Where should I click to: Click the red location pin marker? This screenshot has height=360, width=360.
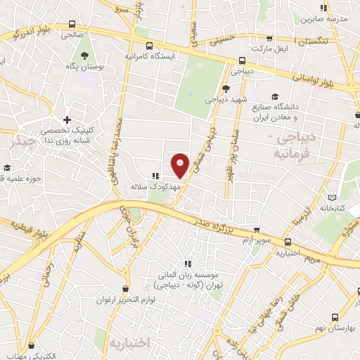[x=181, y=165]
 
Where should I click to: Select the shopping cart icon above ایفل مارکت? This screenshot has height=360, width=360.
[x=269, y=39]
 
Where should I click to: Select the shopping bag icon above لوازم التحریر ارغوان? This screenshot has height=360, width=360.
[x=125, y=288]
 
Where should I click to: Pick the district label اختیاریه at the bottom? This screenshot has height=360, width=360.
[x=129, y=343]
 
